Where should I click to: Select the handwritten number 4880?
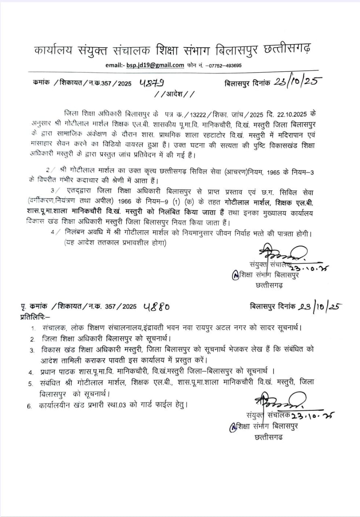(x=156, y=307)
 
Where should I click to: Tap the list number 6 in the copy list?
(x=29, y=406)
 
